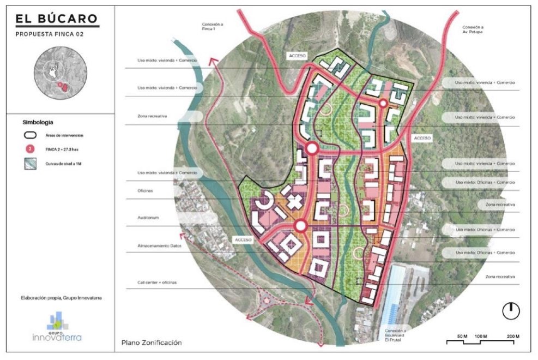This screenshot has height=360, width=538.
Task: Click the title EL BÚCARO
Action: click(x=57, y=19)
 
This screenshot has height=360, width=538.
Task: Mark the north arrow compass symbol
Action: click(x=511, y=310)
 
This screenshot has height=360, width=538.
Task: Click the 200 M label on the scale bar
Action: click(x=513, y=335)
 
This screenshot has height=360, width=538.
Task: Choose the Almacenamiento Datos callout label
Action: click(x=159, y=247)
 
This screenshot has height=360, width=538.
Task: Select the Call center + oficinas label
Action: click(x=157, y=283)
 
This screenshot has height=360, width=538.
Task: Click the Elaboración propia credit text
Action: click(x=57, y=298)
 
